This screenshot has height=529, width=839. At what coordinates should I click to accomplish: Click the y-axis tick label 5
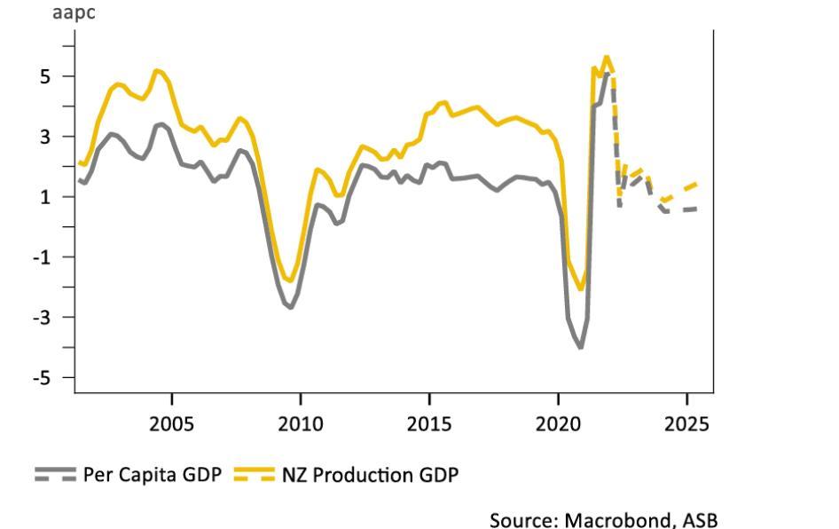point(44,76)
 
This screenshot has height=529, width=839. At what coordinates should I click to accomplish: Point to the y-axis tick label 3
point(44,137)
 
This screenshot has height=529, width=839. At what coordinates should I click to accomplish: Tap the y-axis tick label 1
point(44,197)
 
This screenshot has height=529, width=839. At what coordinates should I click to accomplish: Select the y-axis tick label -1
point(41,257)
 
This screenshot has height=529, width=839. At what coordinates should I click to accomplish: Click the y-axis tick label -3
point(41,318)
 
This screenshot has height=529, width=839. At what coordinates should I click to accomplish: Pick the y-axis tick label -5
point(41,378)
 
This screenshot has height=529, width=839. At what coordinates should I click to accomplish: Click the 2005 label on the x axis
point(171,423)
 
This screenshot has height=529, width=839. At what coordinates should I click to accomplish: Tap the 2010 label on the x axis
point(300,423)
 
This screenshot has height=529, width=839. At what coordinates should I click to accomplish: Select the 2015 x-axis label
point(429,423)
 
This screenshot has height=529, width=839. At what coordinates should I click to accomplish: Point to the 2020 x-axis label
point(558,423)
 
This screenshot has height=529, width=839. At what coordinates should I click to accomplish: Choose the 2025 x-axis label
point(687,423)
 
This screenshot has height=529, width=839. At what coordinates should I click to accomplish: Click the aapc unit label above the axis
point(74,14)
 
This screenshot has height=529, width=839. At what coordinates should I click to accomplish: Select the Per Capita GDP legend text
point(150,475)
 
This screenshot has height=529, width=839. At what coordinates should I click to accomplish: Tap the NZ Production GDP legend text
point(370,475)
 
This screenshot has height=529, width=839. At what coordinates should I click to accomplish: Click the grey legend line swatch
point(56,475)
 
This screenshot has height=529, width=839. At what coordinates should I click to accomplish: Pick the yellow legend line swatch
point(255,475)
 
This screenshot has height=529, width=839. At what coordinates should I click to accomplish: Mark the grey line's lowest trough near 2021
point(581,346)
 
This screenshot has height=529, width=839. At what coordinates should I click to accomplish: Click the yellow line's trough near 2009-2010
point(290,280)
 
